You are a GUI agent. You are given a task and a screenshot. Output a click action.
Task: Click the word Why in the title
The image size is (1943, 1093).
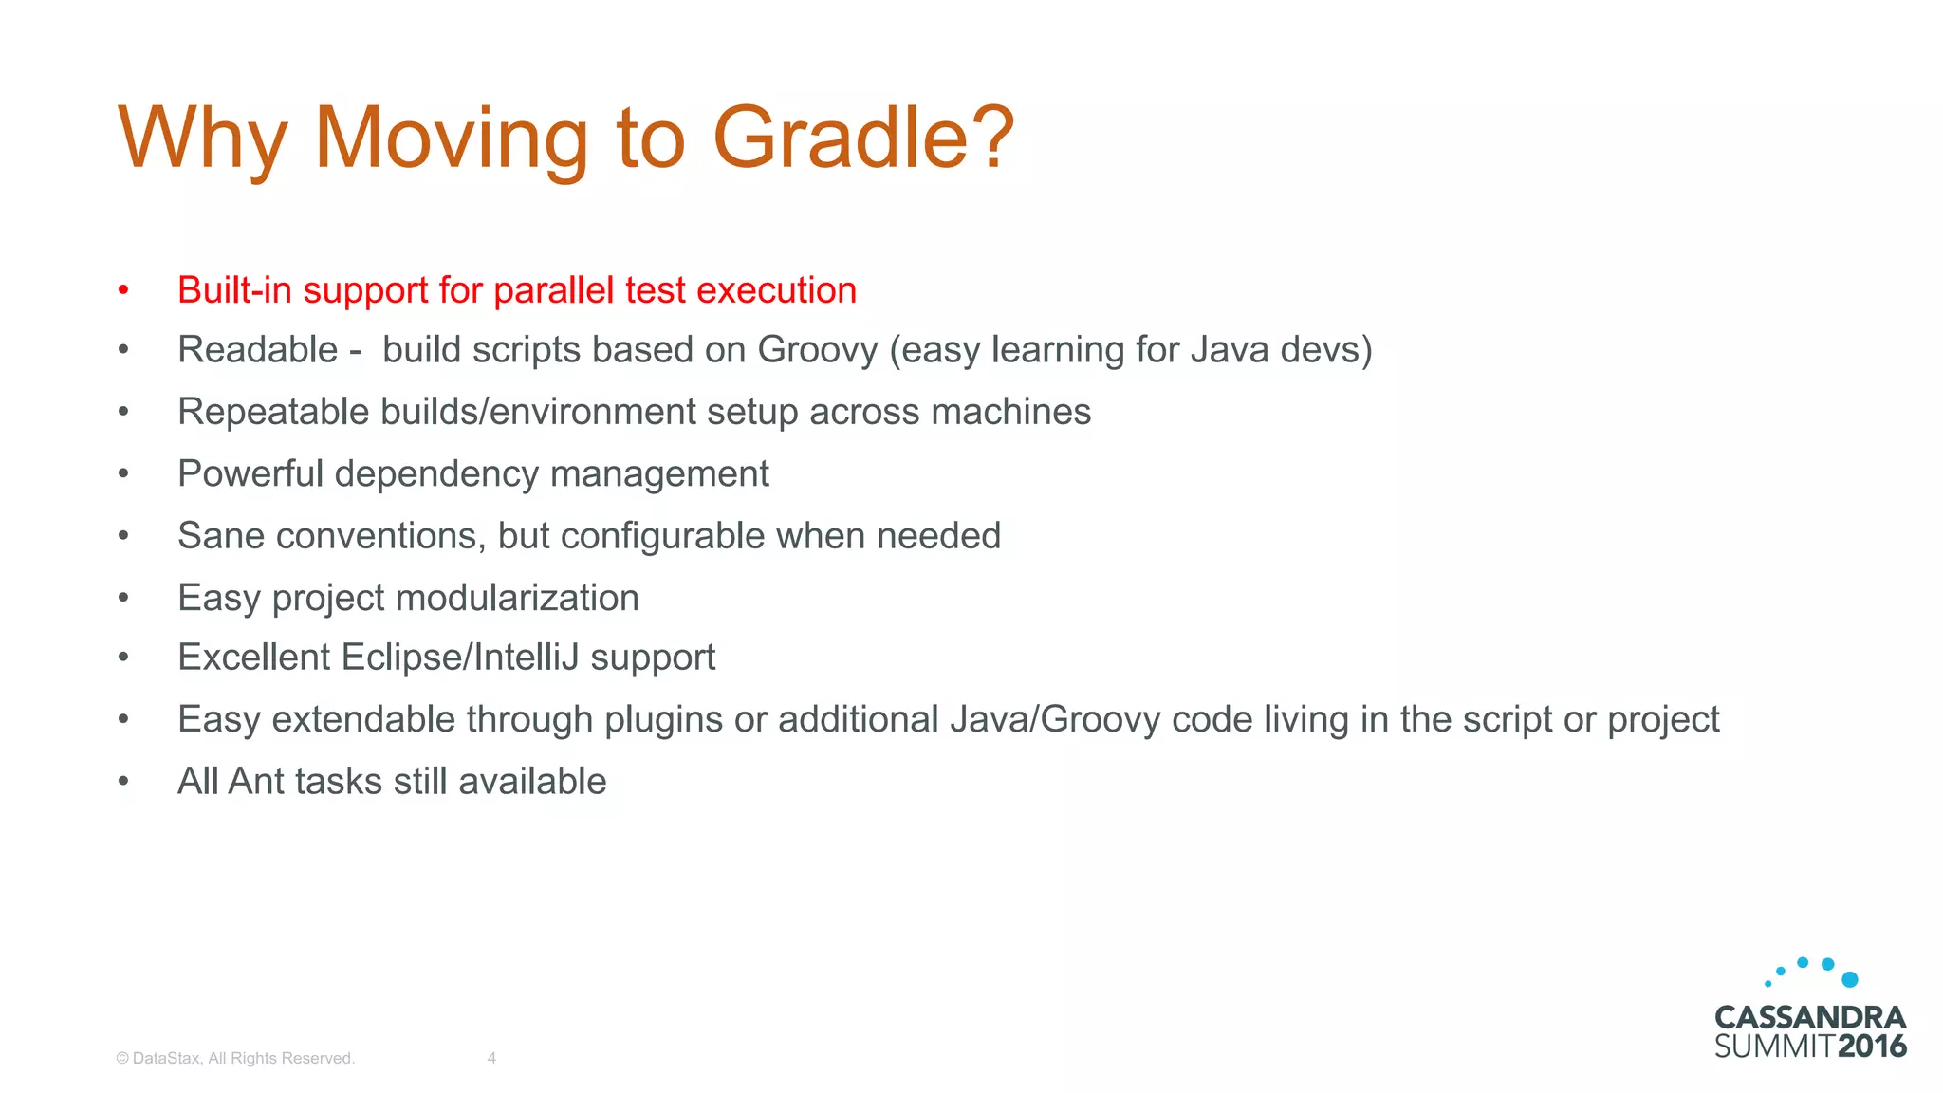(x=201, y=139)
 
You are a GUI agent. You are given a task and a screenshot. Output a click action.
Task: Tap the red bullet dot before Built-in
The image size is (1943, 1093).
(x=123, y=289)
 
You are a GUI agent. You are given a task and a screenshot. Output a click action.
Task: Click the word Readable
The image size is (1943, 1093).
(x=257, y=350)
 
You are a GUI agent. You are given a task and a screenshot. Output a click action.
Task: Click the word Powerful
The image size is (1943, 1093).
(x=250, y=473)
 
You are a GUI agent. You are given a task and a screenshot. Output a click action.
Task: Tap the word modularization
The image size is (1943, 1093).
(x=517, y=598)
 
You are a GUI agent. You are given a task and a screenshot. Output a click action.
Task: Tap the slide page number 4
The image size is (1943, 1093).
(x=491, y=1058)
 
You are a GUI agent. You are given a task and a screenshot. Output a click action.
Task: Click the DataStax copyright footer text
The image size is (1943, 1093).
(x=235, y=1058)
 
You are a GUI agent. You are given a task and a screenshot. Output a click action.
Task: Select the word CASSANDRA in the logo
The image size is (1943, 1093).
(x=1810, y=1018)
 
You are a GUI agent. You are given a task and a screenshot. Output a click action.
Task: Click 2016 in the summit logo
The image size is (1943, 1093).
(x=1872, y=1047)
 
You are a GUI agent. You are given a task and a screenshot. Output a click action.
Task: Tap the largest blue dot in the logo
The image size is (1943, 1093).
(x=1849, y=979)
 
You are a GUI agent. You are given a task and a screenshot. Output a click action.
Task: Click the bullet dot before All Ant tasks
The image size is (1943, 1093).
(x=123, y=781)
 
